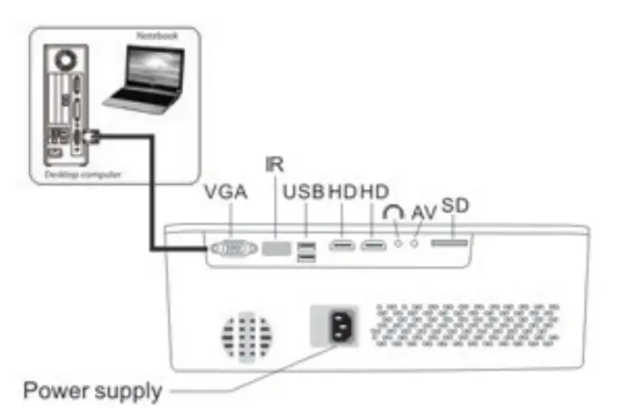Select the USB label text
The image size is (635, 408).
coord(304,193)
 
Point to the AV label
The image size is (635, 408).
coord(424,212)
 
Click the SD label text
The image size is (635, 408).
coord(455,206)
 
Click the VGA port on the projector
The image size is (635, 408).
coord(233,247)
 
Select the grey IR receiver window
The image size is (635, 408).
coord(275,247)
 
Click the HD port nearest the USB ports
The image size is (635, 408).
coord(342,246)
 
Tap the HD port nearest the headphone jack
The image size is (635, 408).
coord(373,246)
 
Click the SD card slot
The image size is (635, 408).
coord(450,244)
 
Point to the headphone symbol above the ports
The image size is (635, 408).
coord(394,211)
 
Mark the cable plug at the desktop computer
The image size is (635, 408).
coord(87,137)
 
